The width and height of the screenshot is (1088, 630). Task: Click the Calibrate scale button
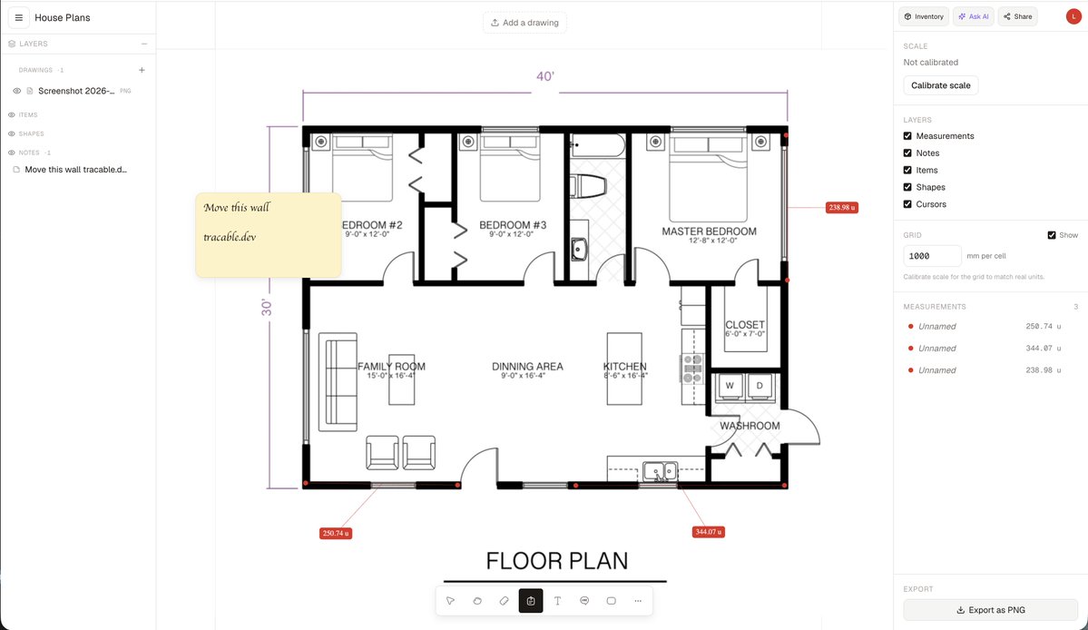point(940,85)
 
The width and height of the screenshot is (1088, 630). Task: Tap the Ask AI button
point(973,16)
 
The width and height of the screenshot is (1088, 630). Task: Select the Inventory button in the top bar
point(924,16)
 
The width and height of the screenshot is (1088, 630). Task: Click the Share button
point(1017,16)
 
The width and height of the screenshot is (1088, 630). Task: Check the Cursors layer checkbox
point(907,204)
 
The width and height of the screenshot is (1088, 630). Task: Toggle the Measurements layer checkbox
point(907,136)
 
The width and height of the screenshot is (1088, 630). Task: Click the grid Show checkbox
point(1051,235)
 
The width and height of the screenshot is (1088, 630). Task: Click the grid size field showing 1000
point(932,256)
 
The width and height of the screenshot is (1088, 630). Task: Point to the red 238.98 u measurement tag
point(842,208)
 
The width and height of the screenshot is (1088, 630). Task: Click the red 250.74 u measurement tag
point(335,533)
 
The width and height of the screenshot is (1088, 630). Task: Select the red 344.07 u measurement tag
point(708,532)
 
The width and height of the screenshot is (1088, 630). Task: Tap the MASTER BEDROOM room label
point(709,231)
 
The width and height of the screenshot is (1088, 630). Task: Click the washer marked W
point(730,387)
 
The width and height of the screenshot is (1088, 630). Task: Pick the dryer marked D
point(760,387)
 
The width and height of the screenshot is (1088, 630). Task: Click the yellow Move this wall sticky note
point(269,235)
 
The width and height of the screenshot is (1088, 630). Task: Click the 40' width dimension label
point(545,76)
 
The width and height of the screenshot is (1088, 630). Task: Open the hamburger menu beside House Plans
point(19,17)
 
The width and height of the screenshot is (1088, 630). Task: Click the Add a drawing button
point(524,23)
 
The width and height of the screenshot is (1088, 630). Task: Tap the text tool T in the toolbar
point(557,601)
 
